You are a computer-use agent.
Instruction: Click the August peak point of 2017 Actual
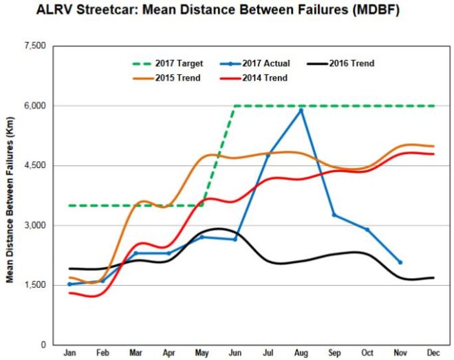(x=301, y=110)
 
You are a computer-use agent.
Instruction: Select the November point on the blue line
(x=400, y=262)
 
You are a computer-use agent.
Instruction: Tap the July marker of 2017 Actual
(x=268, y=155)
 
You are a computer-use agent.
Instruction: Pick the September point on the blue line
(x=334, y=215)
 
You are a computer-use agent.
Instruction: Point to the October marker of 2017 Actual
(x=367, y=229)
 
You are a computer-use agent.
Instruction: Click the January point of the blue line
(x=69, y=284)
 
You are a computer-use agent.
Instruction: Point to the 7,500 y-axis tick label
(x=34, y=46)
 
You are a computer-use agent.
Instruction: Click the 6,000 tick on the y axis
(x=34, y=106)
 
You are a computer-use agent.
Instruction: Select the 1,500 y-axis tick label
(x=34, y=285)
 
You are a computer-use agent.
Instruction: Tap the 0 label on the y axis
(x=43, y=345)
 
